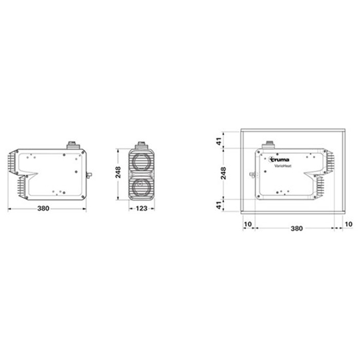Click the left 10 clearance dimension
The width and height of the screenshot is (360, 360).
point(248,225)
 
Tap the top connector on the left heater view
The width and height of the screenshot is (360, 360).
point(73,146)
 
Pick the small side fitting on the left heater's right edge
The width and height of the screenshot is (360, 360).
point(89,175)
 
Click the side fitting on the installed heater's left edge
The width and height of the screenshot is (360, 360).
point(252,175)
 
